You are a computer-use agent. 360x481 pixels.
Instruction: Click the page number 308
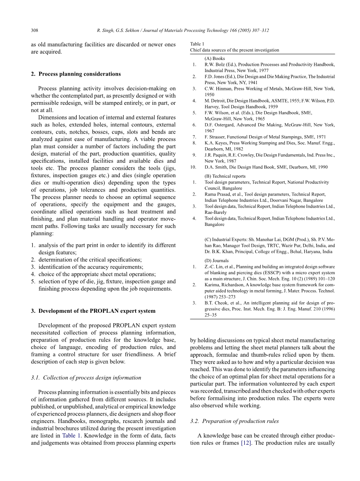(34, 30)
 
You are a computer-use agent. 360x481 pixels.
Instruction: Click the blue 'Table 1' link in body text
(70, 435)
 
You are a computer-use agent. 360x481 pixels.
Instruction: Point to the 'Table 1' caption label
(197, 44)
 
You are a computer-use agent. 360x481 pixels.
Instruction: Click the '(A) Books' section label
(215, 58)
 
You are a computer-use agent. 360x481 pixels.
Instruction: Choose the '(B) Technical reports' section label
(225, 176)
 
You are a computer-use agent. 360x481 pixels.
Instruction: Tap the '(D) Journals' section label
(216, 261)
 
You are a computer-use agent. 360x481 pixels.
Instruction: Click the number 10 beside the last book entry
(193, 167)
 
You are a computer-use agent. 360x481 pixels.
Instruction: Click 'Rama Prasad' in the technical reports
(219, 194)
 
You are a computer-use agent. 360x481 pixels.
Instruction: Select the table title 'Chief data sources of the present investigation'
(234, 50)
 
